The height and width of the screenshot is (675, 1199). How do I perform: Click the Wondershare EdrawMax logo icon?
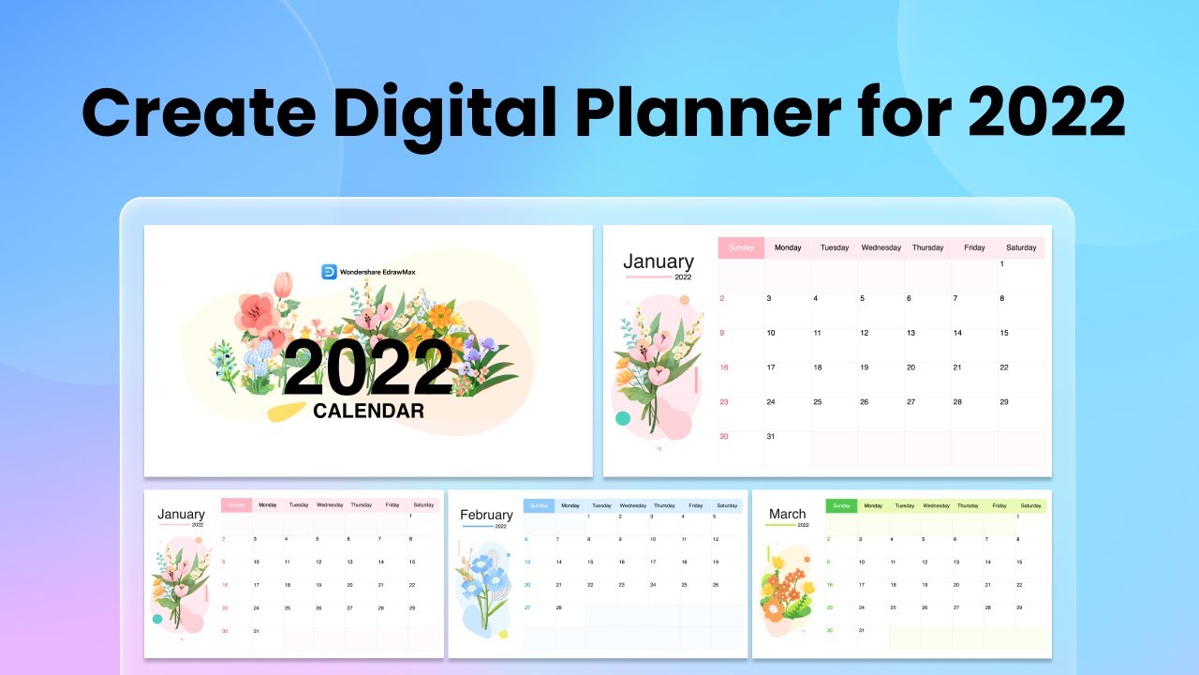[329, 272]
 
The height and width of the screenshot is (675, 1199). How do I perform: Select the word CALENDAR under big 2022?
[368, 411]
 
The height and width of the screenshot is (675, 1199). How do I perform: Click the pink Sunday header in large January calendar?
[741, 247]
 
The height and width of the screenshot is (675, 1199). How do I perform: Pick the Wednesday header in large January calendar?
[881, 247]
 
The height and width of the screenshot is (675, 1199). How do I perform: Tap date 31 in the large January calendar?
[772, 437]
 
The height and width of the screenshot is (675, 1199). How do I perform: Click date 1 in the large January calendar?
[1002, 264]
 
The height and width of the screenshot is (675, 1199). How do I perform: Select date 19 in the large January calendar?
[865, 367]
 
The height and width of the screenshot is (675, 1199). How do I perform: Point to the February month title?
[486, 515]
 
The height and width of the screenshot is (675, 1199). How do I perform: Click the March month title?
[787, 514]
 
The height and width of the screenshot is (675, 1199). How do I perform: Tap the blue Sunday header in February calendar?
[539, 506]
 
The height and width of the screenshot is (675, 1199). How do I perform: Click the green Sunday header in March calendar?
[841, 506]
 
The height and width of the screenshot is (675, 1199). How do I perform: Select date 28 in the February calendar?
[558, 607]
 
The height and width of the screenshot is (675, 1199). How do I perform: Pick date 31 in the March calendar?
[862, 630]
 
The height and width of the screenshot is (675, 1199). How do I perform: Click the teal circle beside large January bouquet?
[623, 418]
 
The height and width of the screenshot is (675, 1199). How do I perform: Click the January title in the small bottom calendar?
[181, 514]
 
